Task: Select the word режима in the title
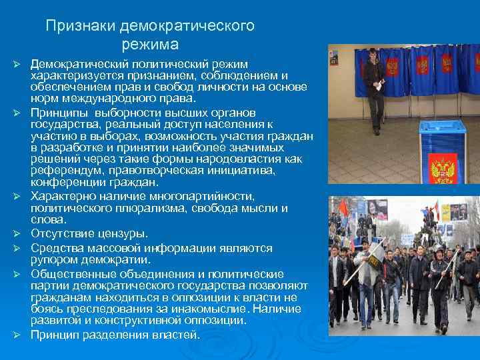pos(151,45)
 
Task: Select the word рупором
pos(53,259)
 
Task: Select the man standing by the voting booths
pos(374,87)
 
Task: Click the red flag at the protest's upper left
pos(343,208)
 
